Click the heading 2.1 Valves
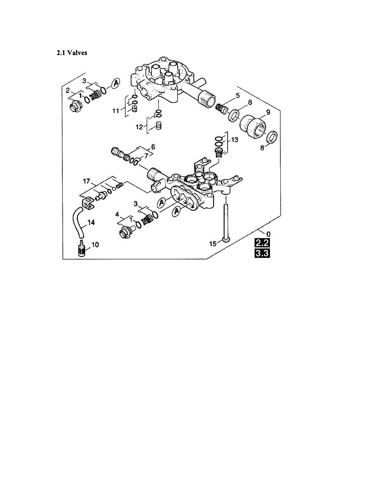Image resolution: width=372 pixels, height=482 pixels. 71,53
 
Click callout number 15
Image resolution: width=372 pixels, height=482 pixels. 213,243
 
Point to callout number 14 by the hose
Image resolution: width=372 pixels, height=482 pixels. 91,223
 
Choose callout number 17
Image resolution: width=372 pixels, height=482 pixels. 87,182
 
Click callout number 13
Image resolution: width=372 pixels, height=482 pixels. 234,140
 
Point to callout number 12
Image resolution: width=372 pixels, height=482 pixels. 139,127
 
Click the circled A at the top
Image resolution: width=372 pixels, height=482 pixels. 116,82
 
